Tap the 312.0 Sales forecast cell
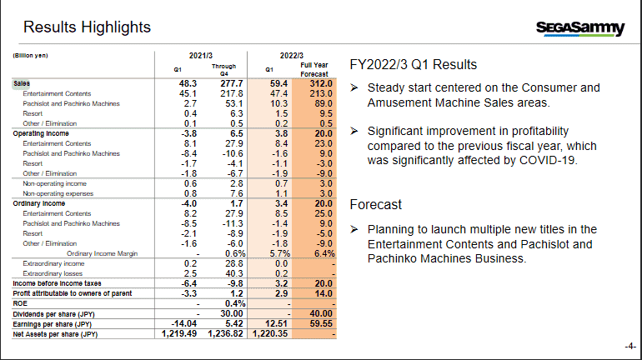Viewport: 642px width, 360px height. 320,83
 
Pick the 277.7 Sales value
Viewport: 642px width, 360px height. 227,83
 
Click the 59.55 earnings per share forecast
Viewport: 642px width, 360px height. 320,323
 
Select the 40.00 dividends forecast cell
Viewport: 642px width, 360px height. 320,313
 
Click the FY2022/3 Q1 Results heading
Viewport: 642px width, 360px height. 413,64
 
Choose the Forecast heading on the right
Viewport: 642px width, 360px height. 375,204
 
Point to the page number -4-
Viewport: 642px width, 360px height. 629,346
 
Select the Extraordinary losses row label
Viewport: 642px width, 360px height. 53,272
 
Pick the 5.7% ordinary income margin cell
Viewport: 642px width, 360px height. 274,252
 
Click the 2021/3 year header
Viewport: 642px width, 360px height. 201,55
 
